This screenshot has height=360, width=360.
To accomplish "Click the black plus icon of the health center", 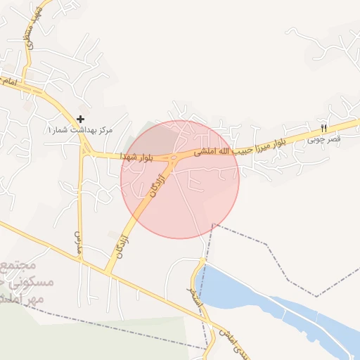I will [81, 120].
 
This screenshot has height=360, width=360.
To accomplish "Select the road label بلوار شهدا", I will [136, 155].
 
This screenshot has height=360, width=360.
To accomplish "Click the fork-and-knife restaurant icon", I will [323, 128].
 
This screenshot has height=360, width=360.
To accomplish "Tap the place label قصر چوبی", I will [323, 140].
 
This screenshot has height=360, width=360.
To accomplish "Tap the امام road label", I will [10, 82].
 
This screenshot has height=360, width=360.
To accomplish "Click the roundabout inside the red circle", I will [173, 158].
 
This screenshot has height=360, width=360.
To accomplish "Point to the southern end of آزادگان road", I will [108, 271].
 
